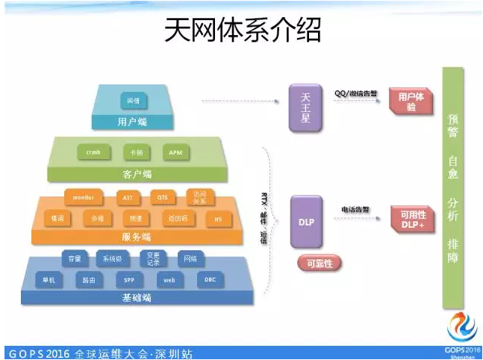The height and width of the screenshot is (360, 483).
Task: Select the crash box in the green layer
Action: point(93,152)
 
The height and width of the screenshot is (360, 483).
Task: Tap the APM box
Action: point(175,152)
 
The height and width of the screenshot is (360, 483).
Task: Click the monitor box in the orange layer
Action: point(83,197)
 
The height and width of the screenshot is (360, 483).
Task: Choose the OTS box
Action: point(162,197)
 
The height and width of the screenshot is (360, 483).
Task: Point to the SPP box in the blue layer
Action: point(129,280)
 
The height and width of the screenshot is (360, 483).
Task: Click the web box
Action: point(169,280)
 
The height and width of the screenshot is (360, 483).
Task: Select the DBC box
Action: point(210,280)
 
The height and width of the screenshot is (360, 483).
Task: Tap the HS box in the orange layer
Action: point(218,219)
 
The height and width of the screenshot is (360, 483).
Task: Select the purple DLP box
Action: point(306,222)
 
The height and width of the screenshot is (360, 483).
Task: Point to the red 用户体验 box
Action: point(411,102)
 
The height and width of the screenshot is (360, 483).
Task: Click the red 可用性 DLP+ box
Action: point(413,220)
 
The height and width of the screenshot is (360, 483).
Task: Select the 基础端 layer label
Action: point(137,297)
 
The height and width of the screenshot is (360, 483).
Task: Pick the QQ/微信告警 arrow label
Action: point(355,93)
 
